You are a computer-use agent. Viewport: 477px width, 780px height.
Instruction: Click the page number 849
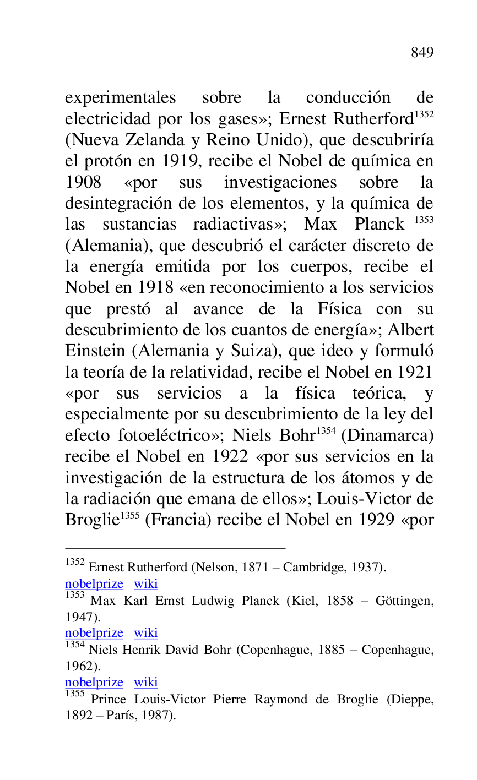pyautogui.click(x=422, y=53)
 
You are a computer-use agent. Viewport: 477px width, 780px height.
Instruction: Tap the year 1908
pyautogui.click(x=83, y=182)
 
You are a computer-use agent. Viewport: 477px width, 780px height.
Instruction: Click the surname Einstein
pyautogui.click(x=88, y=351)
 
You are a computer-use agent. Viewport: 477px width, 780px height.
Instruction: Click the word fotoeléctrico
pyautogui.click(x=166, y=435)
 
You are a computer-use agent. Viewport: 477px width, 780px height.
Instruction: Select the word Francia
pyautogui.click(x=179, y=520)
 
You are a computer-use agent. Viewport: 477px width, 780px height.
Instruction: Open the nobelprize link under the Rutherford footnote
pyautogui.click(x=94, y=584)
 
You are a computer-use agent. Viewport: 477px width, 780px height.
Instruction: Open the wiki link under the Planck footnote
pyautogui.click(x=146, y=633)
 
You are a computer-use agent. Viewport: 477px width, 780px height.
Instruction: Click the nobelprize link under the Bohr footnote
pyautogui.click(x=94, y=683)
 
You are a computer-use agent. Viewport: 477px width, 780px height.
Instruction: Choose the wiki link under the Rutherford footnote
pyautogui.click(x=146, y=584)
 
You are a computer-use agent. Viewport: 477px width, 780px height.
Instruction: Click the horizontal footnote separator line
pyautogui.click(x=175, y=548)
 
